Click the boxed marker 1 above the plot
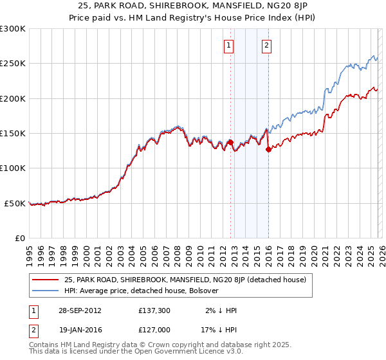(229, 45)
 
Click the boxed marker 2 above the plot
(266, 45)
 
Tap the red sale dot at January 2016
(268, 150)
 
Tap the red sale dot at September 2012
(230, 143)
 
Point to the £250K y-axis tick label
(12, 64)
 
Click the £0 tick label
(19, 238)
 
